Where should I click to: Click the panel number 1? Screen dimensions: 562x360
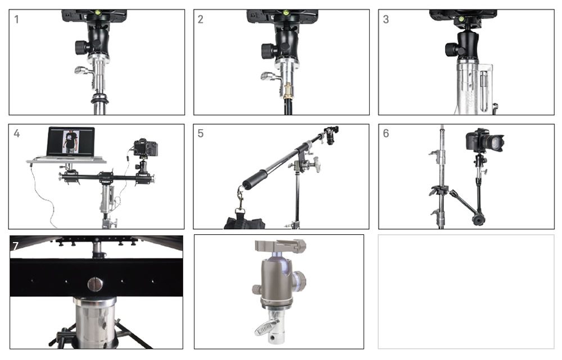16,19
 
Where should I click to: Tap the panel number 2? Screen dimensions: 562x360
201,19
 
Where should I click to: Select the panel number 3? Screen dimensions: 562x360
386,19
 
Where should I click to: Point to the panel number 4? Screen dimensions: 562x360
16,134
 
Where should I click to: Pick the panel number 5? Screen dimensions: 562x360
201,134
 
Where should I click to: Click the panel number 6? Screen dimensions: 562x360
386,134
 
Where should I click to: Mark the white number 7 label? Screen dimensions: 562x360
15,246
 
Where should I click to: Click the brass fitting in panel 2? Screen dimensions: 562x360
288,92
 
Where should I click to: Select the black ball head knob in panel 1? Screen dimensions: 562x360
81,47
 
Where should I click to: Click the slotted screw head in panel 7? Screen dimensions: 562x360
95,284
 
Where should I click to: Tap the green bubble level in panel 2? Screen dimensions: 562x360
286,13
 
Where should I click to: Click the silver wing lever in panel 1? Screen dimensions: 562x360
83,70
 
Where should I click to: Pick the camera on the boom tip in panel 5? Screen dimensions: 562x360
330,134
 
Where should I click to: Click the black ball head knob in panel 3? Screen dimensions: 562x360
451,49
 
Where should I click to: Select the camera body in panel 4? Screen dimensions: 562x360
145,148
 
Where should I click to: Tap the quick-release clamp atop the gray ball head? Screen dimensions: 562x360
280,246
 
